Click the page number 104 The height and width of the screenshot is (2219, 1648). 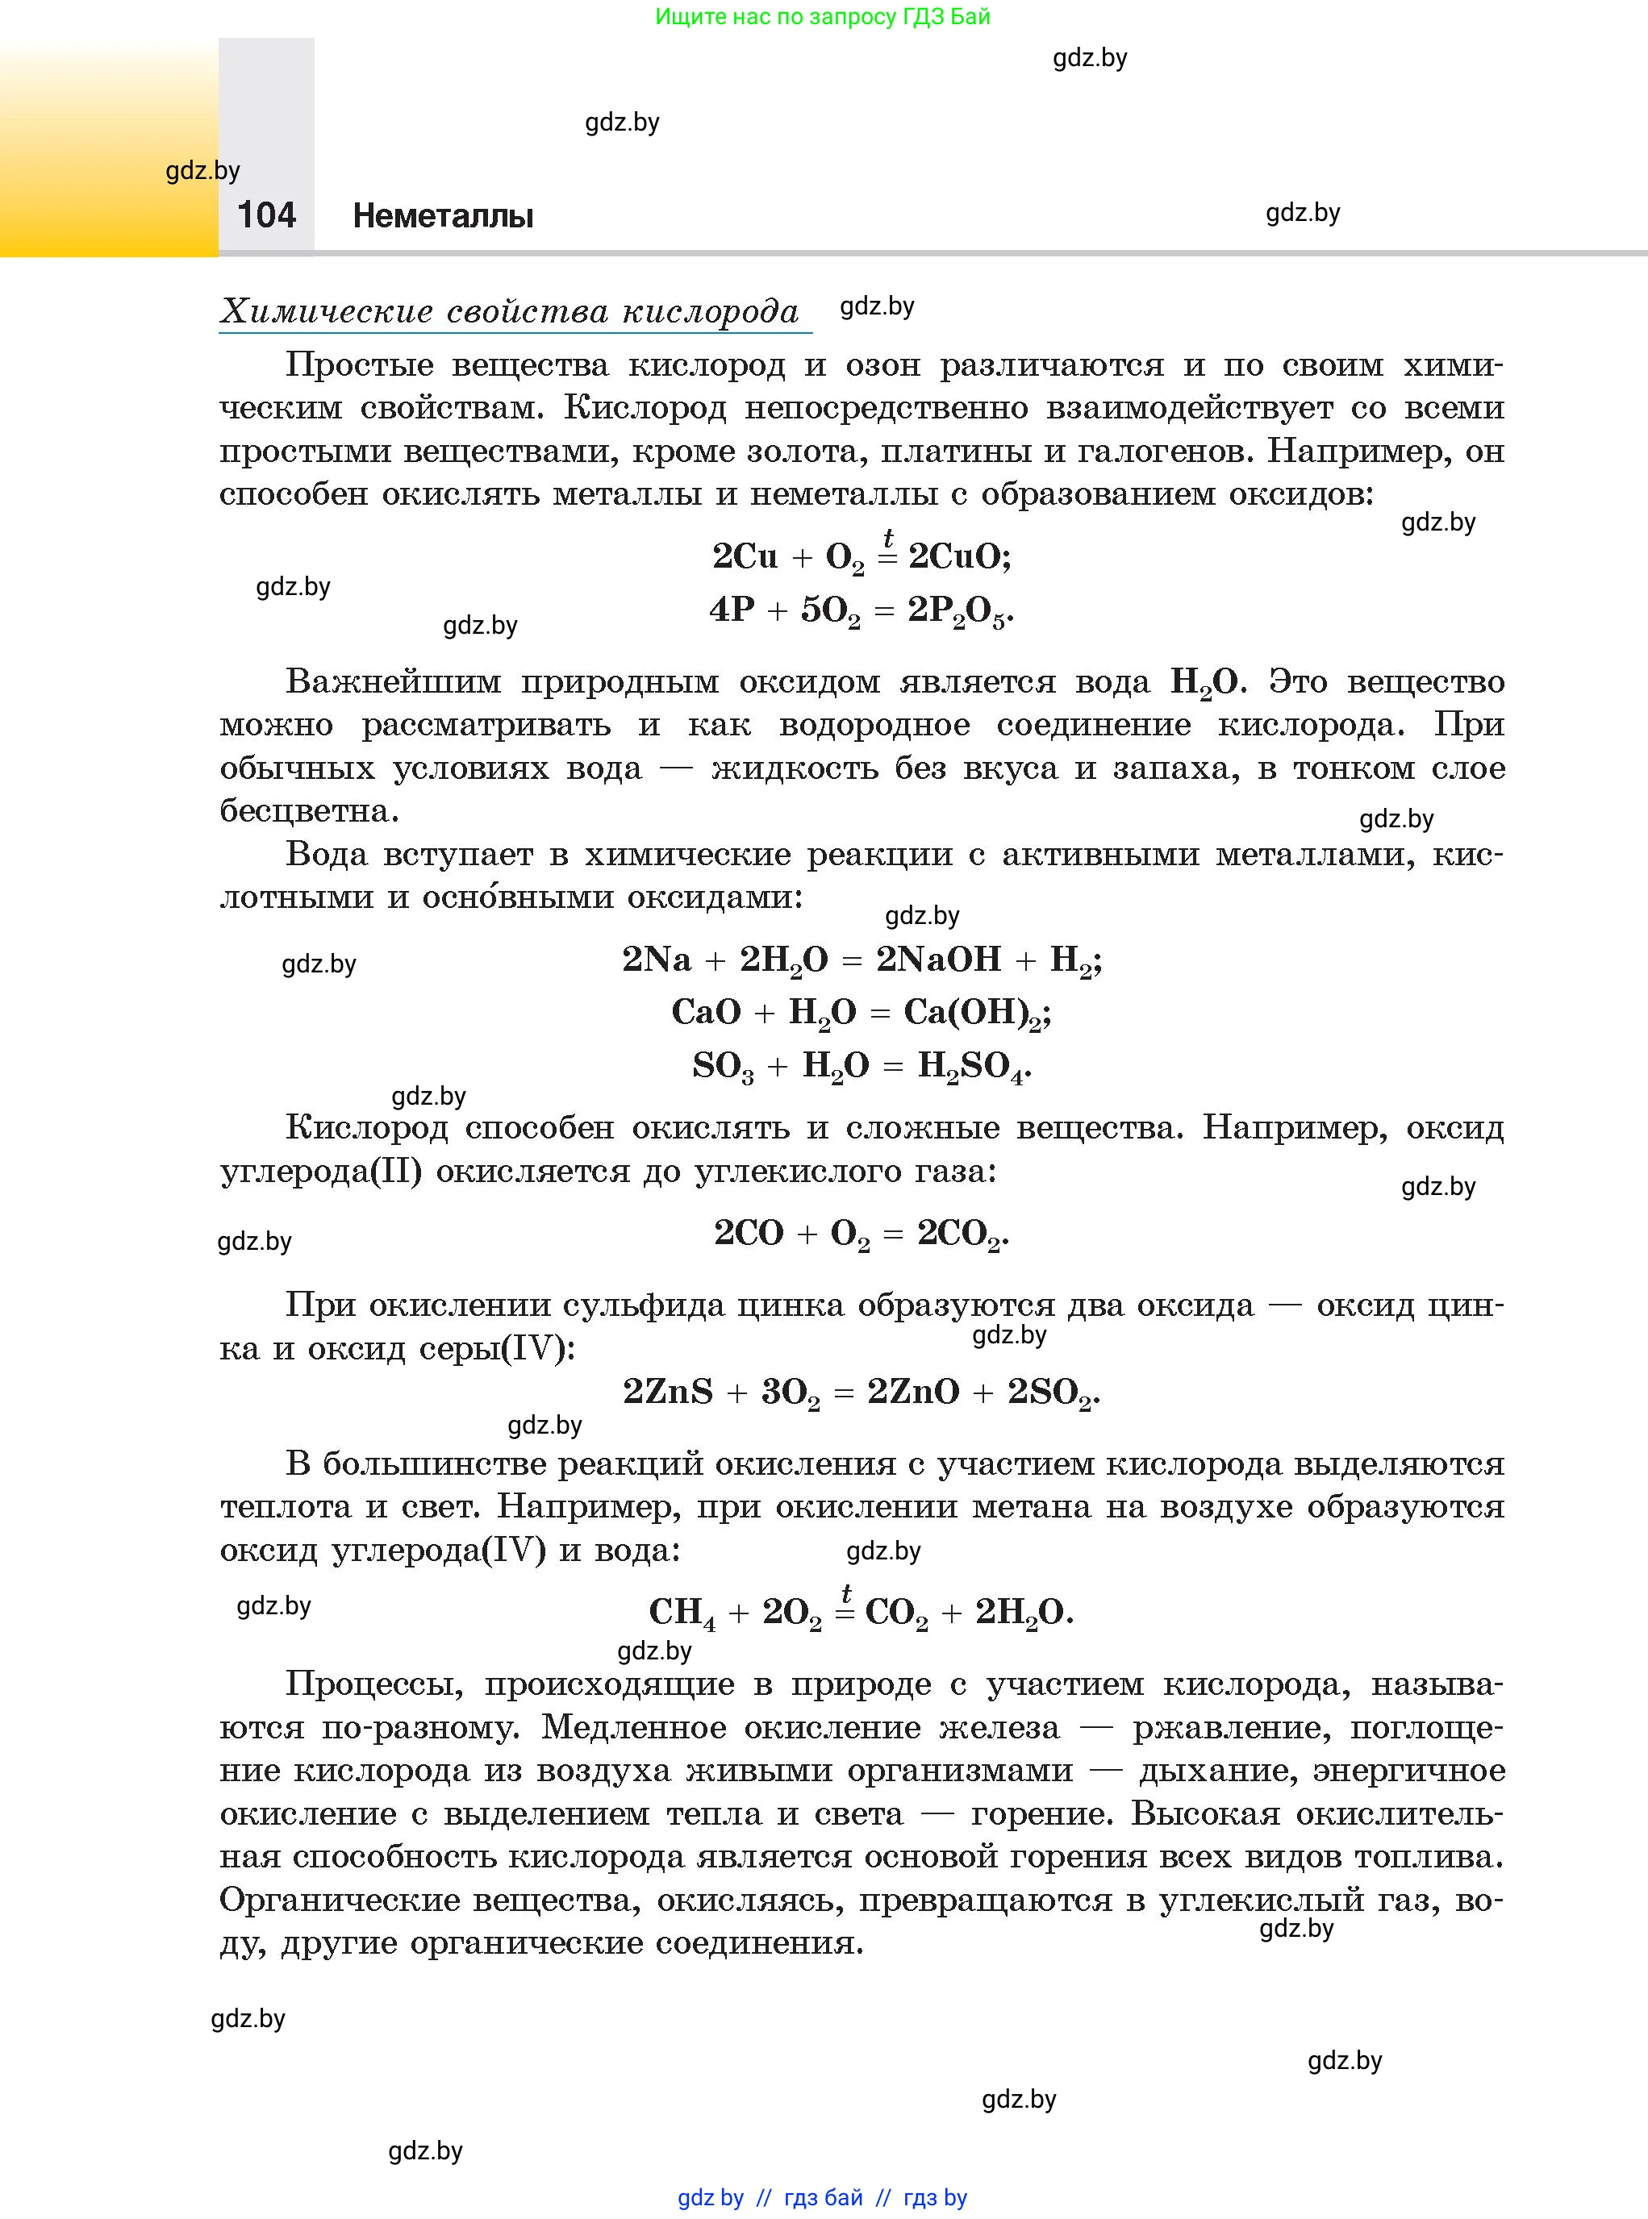[x=266, y=215]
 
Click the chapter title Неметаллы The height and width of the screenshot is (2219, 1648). [x=443, y=216]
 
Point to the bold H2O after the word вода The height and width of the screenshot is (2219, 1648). [x=1203, y=682]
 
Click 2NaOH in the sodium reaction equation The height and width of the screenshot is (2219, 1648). [x=937, y=960]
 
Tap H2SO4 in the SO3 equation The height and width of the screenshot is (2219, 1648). [x=970, y=1066]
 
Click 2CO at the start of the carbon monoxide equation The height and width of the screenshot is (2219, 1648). [x=749, y=1234]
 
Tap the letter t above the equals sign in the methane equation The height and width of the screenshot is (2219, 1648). [x=846, y=1592]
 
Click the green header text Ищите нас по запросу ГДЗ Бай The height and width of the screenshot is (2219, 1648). [x=822, y=17]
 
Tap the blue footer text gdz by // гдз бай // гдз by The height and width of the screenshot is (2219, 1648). [x=822, y=2198]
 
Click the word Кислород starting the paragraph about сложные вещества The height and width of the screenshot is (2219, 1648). [x=366, y=1128]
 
